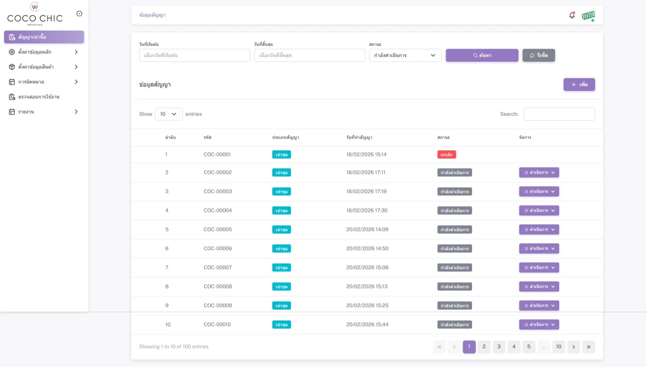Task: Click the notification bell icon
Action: click(x=572, y=15)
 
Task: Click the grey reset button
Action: click(x=539, y=55)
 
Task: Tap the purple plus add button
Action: click(x=579, y=84)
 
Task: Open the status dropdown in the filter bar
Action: click(x=405, y=55)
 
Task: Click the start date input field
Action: click(x=194, y=55)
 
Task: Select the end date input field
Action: click(x=309, y=55)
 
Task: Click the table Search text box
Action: click(x=559, y=114)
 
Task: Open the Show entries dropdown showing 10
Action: click(x=169, y=114)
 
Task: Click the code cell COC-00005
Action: click(x=218, y=229)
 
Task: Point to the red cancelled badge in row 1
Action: click(x=447, y=155)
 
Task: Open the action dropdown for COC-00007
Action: click(x=539, y=267)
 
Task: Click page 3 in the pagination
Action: click(x=499, y=346)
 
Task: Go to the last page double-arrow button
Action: click(x=588, y=347)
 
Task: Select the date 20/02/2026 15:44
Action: click(x=367, y=325)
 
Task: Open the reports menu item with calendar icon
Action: click(x=43, y=112)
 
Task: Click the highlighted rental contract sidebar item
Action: click(x=44, y=37)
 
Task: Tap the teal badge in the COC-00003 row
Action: click(x=281, y=192)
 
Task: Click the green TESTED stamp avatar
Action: click(x=588, y=16)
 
